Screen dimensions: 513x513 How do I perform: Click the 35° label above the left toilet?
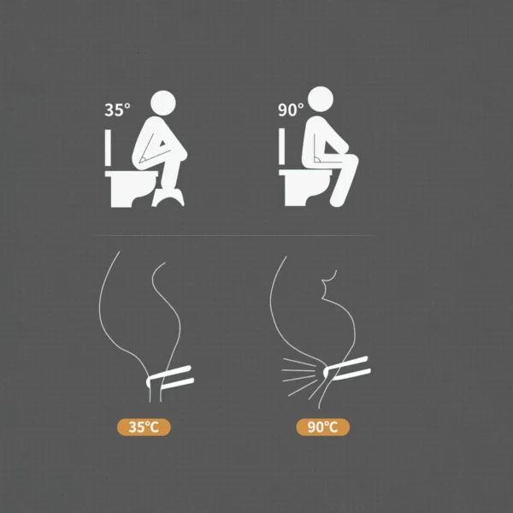pos(117,109)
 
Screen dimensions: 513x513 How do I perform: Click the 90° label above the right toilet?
pos(291,109)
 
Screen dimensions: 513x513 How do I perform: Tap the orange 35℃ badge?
pos(144,427)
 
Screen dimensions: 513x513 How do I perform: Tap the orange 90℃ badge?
pos(323,427)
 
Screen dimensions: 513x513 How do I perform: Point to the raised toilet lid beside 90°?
pos(281,150)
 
